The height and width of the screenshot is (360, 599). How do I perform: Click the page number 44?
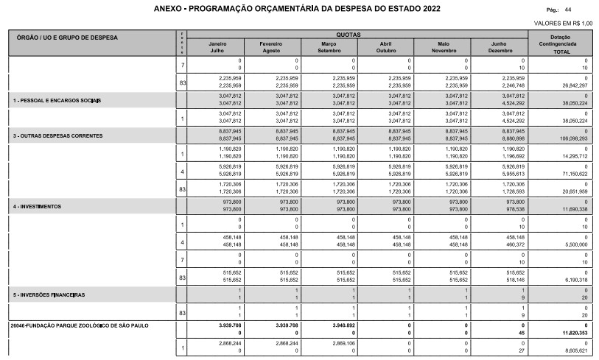click(567, 10)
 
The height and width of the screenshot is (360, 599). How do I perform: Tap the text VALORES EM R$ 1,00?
click(564, 24)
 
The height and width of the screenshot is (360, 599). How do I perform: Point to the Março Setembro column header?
click(329, 47)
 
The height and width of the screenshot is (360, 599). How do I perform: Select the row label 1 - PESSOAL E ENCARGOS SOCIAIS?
click(57, 99)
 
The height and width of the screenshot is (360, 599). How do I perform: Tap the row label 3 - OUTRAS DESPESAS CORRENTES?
click(57, 136)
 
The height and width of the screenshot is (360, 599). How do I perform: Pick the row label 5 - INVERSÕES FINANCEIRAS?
click(49, 294)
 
